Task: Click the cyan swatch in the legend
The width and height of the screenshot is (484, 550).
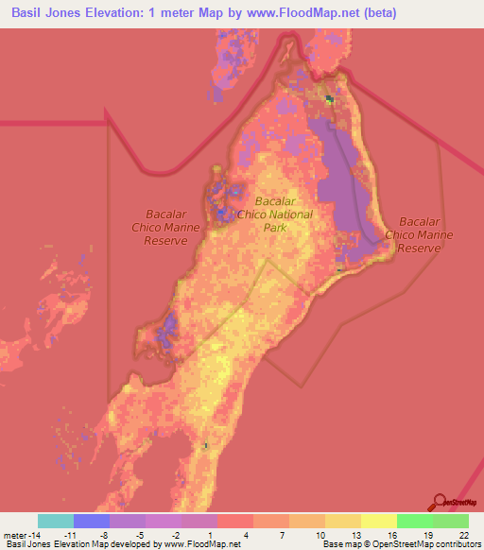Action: tap(56, 521)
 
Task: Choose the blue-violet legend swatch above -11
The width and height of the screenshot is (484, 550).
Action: tap(92, 521)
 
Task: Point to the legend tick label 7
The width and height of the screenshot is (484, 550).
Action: tap(283, 534)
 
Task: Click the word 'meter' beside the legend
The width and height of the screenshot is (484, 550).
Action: tap(14, 534)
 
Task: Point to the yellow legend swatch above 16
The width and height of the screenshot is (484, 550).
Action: tap(378, 521)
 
